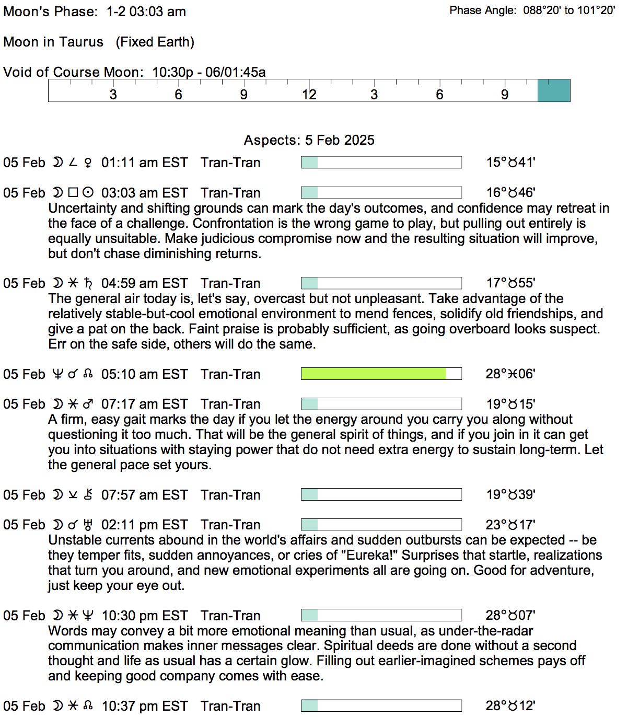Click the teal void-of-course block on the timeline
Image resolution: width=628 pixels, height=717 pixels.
554,90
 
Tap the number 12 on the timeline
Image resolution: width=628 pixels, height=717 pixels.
309,95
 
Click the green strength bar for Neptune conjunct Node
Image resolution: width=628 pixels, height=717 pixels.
374,374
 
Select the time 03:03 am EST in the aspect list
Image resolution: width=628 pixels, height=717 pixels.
144,193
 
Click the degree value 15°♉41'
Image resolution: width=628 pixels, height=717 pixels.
510,163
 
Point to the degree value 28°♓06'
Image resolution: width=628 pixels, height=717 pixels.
510,374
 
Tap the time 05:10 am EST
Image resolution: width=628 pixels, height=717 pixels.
144,374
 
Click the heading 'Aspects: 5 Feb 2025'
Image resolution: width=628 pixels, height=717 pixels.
309,140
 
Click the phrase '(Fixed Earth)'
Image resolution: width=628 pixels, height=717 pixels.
155,42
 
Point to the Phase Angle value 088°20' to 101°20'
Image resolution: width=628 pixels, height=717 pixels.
569,10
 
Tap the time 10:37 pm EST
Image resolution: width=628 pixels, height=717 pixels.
144,706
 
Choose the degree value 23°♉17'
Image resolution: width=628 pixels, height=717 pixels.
510,525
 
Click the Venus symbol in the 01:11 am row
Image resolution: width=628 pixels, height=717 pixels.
88,163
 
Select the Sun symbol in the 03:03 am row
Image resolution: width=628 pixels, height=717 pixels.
88,193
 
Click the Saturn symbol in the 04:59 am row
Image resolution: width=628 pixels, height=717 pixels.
88,284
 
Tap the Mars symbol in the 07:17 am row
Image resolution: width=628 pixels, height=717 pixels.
88,404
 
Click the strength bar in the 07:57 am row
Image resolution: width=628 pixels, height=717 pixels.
381,494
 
